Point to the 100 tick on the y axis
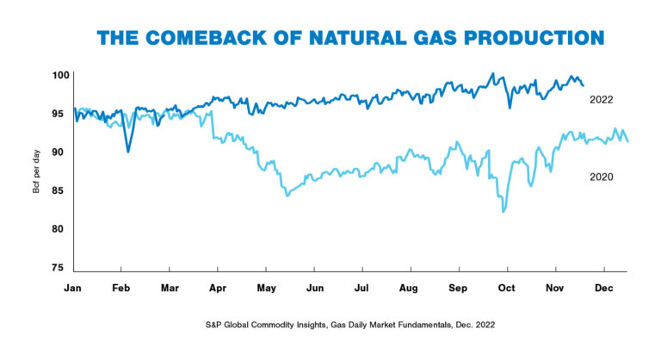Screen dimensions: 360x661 [59, 76]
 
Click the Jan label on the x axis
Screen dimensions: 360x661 [74, 287]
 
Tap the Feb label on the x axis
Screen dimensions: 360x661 [121, 287]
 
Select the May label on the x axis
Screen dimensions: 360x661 [266, 287]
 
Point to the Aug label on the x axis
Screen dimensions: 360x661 [410, 287]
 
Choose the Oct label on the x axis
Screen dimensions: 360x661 [507, 287]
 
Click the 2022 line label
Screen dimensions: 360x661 [601, 100]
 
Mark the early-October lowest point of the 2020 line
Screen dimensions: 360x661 [503, 212]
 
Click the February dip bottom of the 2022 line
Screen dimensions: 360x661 [128, 152]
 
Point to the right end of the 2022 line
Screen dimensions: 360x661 [584, 85]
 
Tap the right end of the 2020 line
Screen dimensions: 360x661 [627, 141]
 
